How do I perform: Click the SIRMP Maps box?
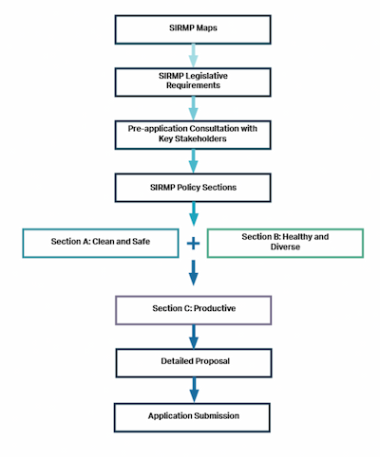click(x=193, y=28)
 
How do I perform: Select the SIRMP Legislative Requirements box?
click(x=193, y=81)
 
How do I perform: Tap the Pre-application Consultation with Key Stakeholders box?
click(x=193, y=133)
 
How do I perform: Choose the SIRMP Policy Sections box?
click(x=193, y=187)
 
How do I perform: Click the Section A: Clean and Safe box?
click(x=101, y=242)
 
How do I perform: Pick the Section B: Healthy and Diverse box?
click(x=284, y=242)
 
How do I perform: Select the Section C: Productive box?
click(x=193, y=310)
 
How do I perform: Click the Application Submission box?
click(x=193, y=415)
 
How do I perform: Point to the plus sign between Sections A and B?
click(x=193, y=243)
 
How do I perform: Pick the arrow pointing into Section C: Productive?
click(x=193, y=275)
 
